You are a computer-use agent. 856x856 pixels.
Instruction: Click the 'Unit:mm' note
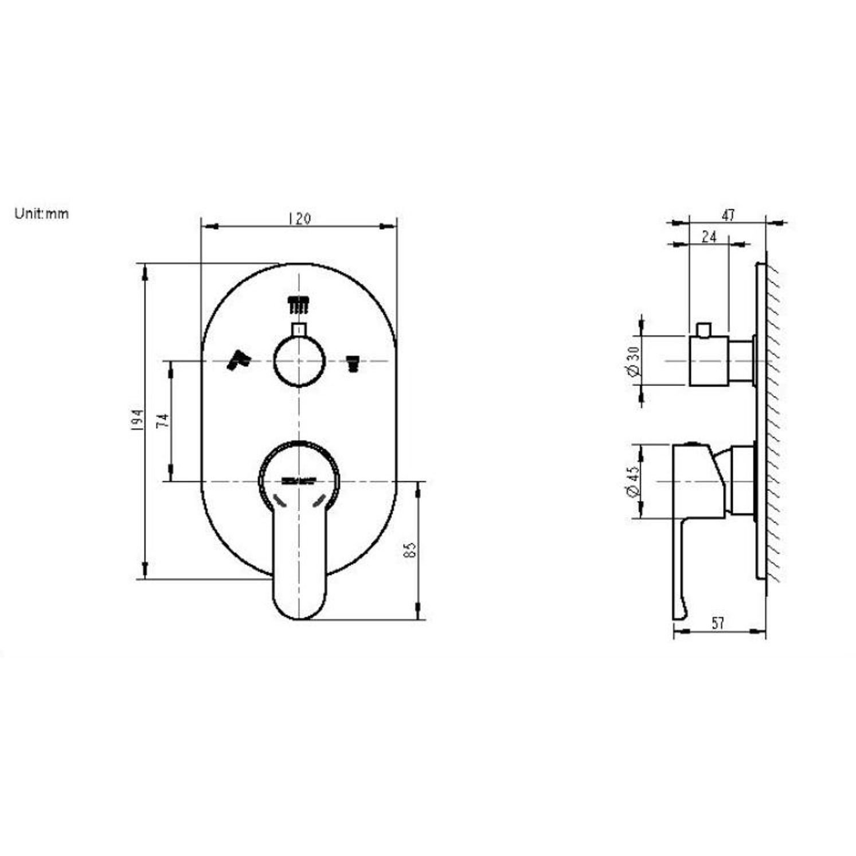coord(41,214)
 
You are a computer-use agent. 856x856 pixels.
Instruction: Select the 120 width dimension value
coord(299,219)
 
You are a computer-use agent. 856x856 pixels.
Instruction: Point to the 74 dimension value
coord(163,420)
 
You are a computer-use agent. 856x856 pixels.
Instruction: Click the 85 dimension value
coord(409,550)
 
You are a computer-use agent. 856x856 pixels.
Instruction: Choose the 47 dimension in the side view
coord(728,215)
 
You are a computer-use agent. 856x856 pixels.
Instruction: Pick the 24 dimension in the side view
coord(709,236)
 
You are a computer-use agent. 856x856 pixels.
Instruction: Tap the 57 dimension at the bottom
coord(718,623)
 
